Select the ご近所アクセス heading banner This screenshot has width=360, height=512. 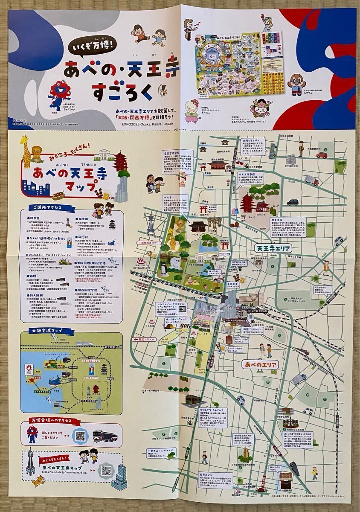47,207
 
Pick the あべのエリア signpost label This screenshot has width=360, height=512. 259,364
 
